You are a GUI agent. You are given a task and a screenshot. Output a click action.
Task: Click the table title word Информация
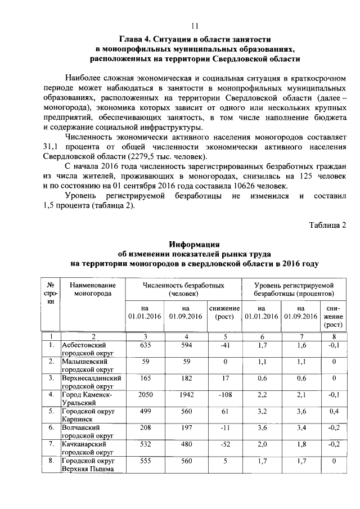point(194,244)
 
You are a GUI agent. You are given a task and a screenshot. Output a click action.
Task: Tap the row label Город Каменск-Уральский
point(87,399)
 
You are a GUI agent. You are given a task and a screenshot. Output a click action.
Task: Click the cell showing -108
point(224,395)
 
